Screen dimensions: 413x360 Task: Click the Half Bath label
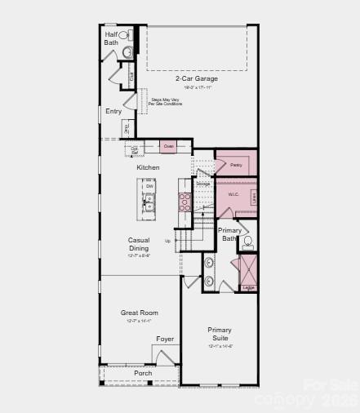click(111, 38)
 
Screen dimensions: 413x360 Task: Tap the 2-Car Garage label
click(193, 79)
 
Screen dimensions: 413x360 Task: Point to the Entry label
click(113, 111)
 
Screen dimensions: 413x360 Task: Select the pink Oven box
click(168, 146)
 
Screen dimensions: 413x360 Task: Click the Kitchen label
click(148, 167)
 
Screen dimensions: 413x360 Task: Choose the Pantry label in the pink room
click(236, 165)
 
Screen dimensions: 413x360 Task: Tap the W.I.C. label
click(233, 194)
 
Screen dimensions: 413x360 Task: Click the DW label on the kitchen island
click(149, 186)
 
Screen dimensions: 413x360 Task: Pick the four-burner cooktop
click(185, 202)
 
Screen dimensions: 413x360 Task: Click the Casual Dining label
click(138, 244)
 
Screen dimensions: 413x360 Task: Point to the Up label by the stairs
click(168, 241)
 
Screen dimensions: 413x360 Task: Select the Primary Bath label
click(230, 234)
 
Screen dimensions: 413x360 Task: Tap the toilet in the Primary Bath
click(248, 242)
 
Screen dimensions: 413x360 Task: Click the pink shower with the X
click(247, 271)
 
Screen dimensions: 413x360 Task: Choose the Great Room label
click(140, 313)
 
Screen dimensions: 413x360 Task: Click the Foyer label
click(166, 339)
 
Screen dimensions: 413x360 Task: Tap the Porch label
click(143, 373)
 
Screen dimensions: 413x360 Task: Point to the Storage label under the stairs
click(203, 184)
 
